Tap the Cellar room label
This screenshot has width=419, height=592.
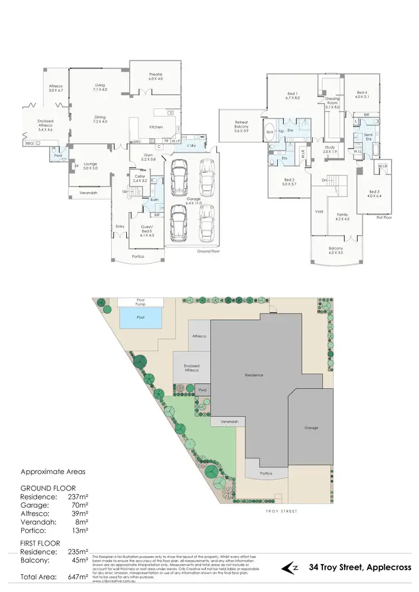(x=139, y=178)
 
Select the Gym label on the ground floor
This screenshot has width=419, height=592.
(x=148, y=155)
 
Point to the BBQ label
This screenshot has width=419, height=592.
(x=30, y=144)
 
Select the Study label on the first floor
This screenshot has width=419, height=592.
(x=330, y=149)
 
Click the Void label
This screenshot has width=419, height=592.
(x=319, y=211)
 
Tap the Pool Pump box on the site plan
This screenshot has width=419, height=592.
(x=140, y=302)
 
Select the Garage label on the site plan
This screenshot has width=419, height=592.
(x=311, y=427)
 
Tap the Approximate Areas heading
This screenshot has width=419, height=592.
(x=53, y=471)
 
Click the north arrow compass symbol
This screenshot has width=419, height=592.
(x=289, y=568)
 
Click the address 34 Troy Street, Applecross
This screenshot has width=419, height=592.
(x=355, y=568)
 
